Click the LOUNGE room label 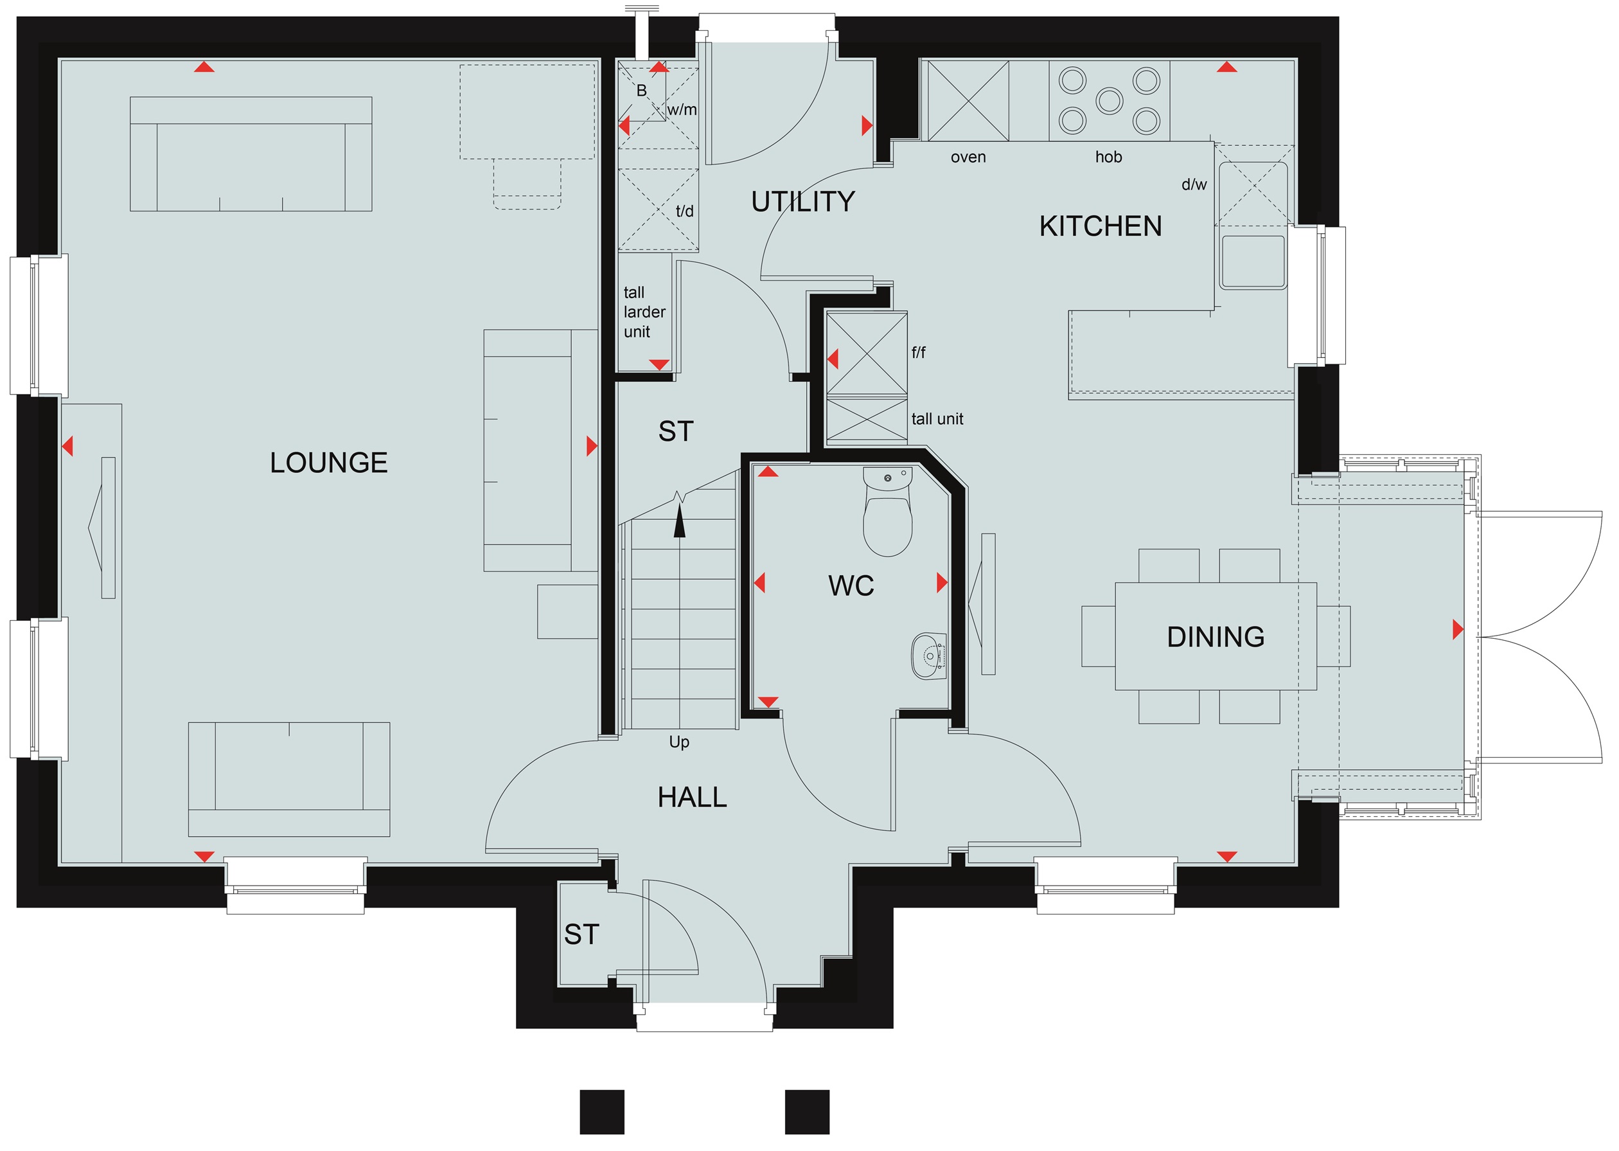coord(329,463)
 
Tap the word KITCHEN coord(1101,226)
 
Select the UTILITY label coord(803,202)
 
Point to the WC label coord(851,585)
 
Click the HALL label coord(692,798)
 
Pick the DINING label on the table coord(1216,636)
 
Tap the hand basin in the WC coord(928,656)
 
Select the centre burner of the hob coord(1110,101)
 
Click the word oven coord(968,157)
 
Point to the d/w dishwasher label coord(1194,184)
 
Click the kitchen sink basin coord(1253,262)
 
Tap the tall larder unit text coord(644,312)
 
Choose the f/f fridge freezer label coord(918,352)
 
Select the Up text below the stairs coord(679,742)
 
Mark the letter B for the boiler coord(641,91)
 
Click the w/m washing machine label coord(682,110)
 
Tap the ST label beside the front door coord(581,935)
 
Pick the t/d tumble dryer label coord(684,211)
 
